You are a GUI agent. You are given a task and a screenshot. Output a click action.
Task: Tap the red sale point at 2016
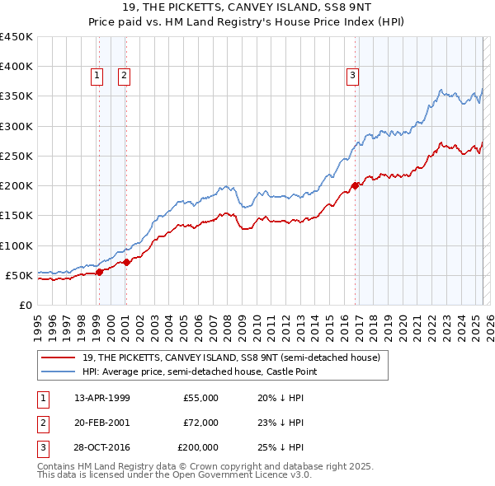pos(356,185)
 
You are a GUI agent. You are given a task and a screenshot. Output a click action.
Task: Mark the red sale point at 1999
pos(99,272)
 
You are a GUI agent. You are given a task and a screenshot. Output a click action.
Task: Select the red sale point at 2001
pos(126,262)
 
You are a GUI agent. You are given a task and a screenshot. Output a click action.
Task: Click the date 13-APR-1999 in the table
pos(102,398)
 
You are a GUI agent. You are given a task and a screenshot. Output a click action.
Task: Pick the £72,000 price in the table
pos(200,423)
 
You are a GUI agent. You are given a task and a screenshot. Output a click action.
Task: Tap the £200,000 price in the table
pos(198,447)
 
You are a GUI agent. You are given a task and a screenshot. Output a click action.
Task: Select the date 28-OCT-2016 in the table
pos(102,447)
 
